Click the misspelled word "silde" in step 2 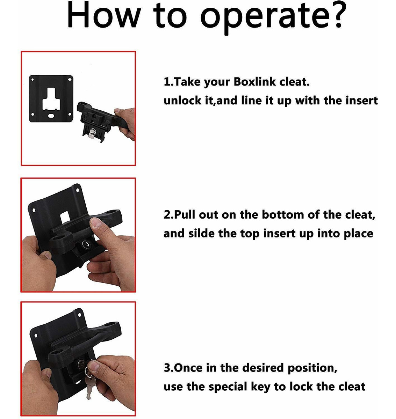(201, 233)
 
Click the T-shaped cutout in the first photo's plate (51, 98)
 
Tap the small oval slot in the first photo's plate (51, 116)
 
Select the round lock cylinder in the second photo (86, 244)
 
